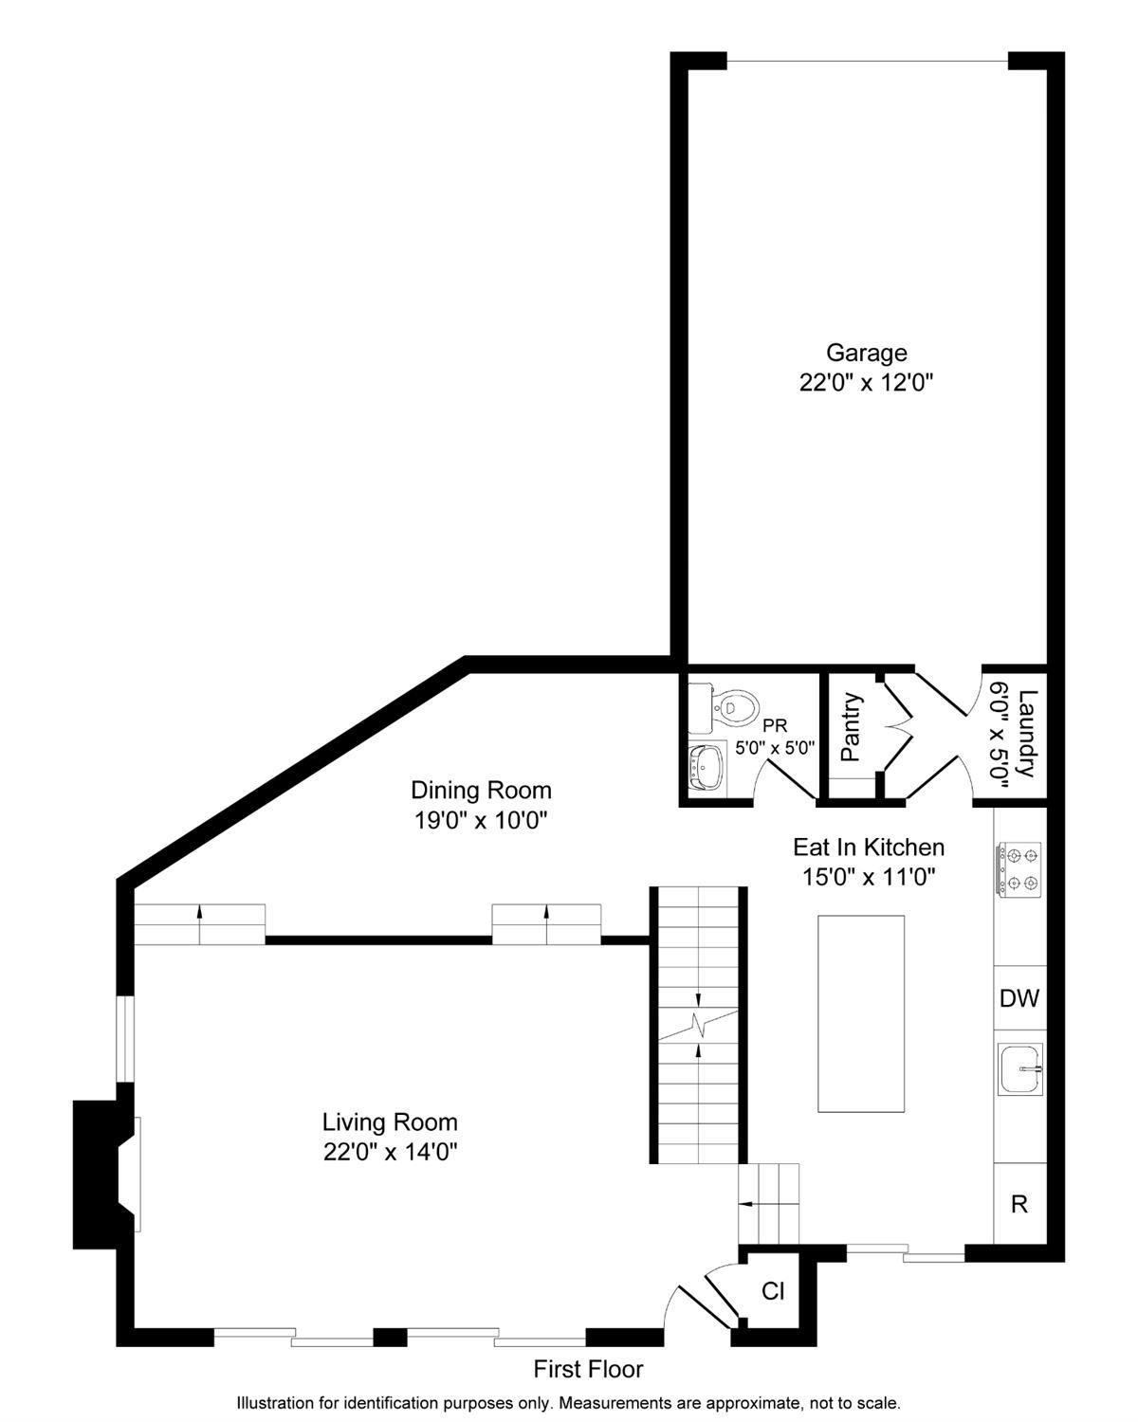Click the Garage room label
click(866, 353)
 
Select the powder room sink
click(707, 768)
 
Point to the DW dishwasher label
click(1019, 998)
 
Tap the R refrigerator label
click(1019, 1204)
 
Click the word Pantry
click(851, 726)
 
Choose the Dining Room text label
click(481, 790)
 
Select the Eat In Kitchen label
click(869, 847)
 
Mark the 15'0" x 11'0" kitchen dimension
click(869, 877)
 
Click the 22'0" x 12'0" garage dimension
click(866, 382)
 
